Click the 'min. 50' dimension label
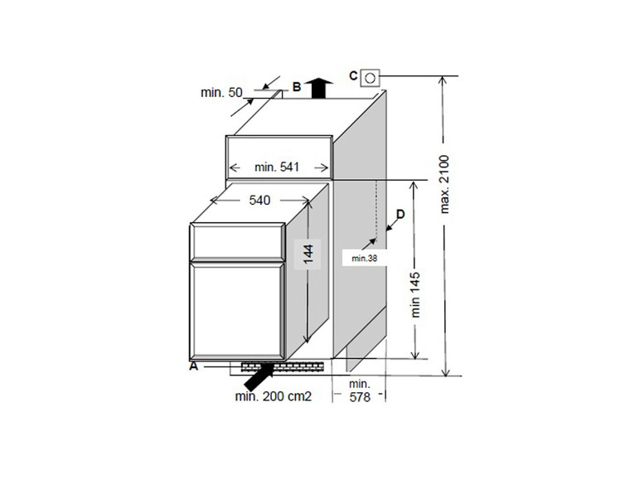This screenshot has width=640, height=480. (x=221, y=93)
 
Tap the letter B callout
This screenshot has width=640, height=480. (x=297, y=87)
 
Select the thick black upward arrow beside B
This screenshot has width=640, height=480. (x=319, y=88)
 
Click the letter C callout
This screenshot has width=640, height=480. (x=353, y=75)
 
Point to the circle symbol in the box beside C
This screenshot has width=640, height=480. (x=370, y=78)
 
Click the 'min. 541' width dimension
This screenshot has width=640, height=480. (x=277, y=167)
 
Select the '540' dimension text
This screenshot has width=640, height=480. (x=259, y=201)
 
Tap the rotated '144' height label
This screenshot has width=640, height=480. (x=308, y=254)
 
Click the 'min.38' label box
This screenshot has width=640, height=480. (x=365, y=258)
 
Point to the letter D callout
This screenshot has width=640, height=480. (x=400, y=214)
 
